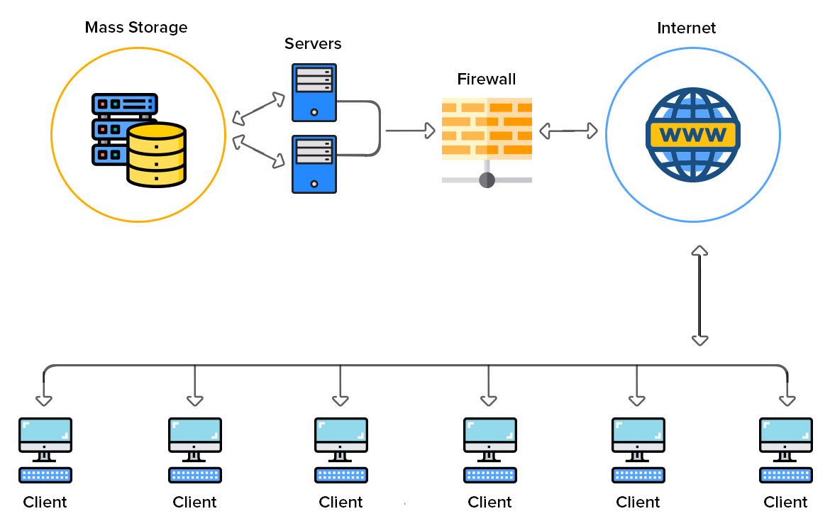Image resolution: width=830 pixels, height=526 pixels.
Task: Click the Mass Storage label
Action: point(136,28)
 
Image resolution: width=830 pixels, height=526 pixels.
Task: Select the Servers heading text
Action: point(313,43)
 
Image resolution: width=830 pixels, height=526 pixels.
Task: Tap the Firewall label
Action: point(486,79)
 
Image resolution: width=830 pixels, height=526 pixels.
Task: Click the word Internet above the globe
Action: point(686,28)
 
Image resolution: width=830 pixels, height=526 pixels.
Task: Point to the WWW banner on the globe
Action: point(692,134)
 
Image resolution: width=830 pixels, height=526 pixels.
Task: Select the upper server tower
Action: point(314,92)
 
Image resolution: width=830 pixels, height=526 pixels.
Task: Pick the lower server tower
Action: point(314,164)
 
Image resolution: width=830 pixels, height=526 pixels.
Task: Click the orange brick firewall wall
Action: point(487,126)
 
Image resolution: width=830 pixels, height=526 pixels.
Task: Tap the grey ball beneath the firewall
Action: point(487,180)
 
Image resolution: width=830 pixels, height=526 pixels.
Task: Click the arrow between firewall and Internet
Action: point(568,131)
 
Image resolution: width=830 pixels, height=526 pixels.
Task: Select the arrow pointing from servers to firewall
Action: point(410,131)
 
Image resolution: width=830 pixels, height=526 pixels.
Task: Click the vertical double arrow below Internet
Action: point(699,295)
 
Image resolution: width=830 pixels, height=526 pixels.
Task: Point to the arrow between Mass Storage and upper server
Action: point(258,107)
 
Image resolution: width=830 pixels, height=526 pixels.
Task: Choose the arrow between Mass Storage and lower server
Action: point(258,152)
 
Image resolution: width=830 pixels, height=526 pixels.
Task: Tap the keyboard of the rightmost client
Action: point(785,475)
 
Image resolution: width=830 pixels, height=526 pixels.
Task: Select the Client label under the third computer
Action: point(341,502)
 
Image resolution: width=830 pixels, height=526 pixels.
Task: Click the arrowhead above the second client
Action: point(195,400)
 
